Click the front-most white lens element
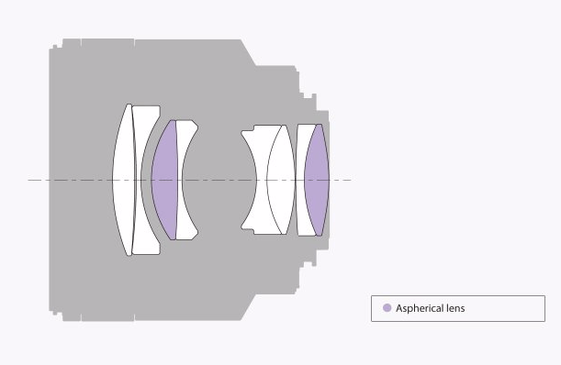pyautogui.click(x=123, y=180)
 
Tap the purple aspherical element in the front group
pyautogui.click(x=164, y=180)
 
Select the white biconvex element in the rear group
pyautogui.click(x=282, y=180)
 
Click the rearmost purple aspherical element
pyautogui.click(x=317, y=180)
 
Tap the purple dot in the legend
pyautogui.click(x=387, y=308)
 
